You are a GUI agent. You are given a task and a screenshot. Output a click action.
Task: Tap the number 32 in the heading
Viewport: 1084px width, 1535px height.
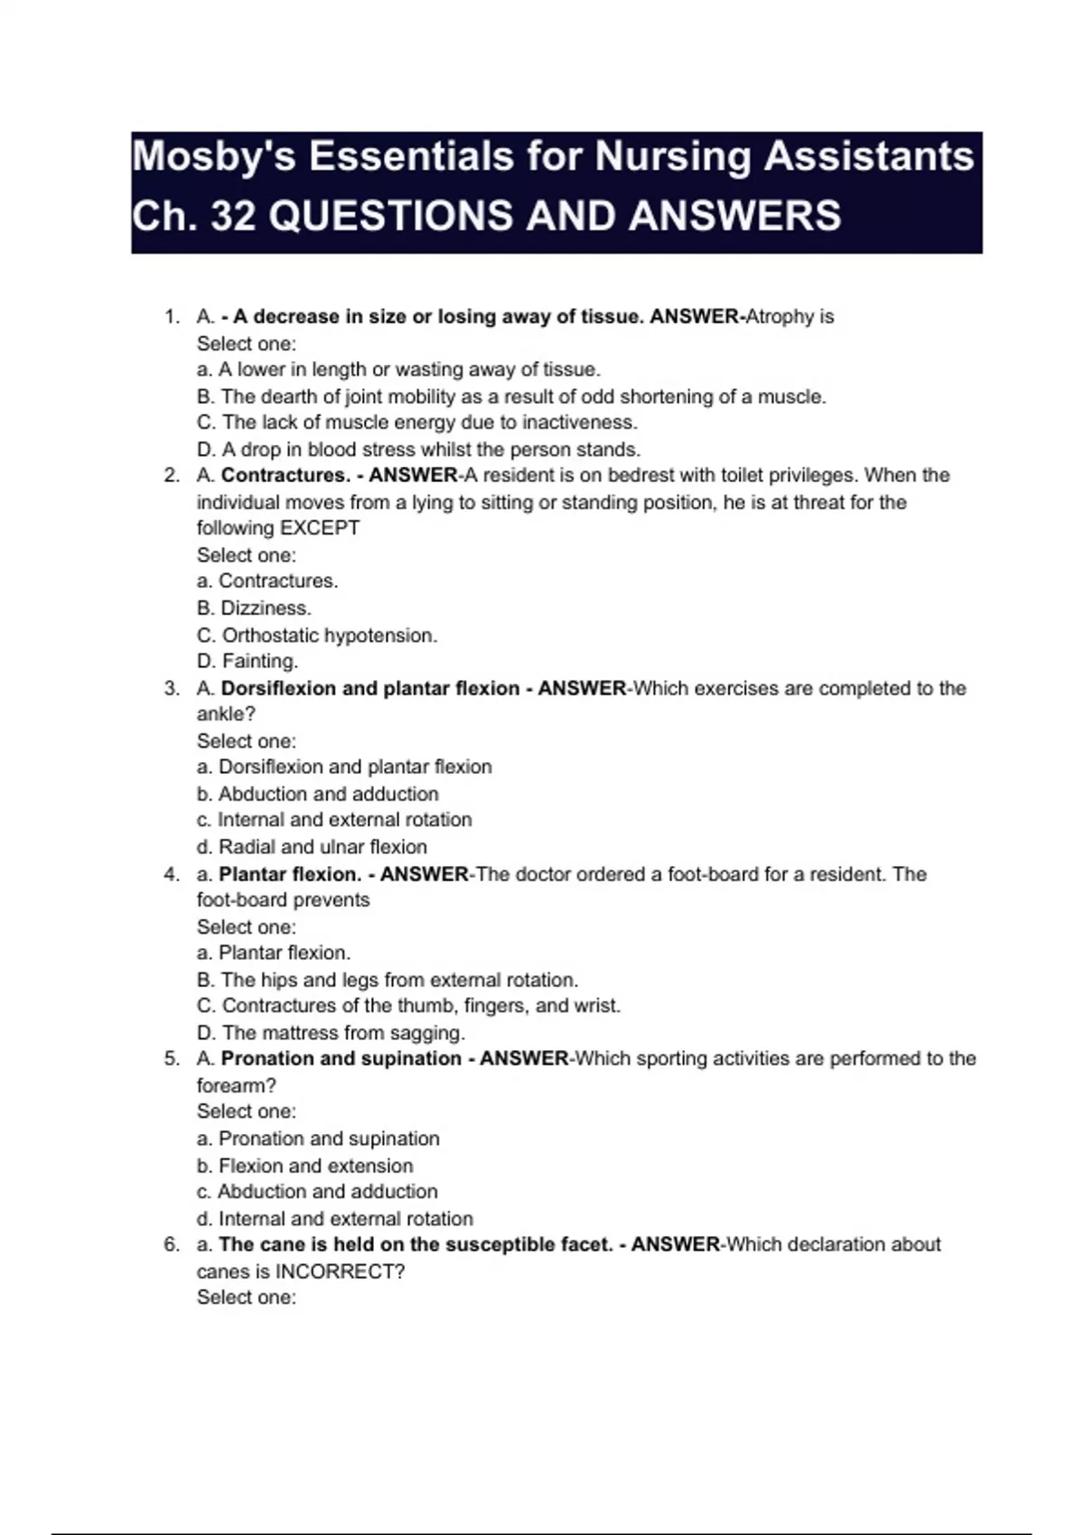[232, 217]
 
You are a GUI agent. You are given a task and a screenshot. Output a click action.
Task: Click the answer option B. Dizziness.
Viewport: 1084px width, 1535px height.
[254, 609]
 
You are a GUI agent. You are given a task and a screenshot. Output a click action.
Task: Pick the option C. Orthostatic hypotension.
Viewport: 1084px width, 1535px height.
[317, 636]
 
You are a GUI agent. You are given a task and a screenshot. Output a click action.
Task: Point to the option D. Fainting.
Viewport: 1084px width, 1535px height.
[248, 662]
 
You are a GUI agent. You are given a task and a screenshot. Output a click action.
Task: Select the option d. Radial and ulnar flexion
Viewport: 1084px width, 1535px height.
[312, 847]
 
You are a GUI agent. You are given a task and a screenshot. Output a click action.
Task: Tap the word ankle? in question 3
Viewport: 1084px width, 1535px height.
[226, 714]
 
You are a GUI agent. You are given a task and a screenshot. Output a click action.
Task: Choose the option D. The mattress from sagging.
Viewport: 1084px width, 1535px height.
[331, 1033]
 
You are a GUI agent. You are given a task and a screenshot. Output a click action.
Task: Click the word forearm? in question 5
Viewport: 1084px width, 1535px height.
[237, 1085]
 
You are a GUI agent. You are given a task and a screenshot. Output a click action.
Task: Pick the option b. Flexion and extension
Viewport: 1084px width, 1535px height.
[304, 1166]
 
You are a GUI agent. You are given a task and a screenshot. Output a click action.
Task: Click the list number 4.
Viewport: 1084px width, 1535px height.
[172, 874]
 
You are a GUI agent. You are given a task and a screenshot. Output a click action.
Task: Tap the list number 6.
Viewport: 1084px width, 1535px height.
[172, 1245]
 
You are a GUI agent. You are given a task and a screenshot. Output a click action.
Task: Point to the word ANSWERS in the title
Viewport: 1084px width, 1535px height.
[734, 217]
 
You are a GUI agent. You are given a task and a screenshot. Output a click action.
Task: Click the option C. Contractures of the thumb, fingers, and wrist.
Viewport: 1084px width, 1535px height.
[408, 1006]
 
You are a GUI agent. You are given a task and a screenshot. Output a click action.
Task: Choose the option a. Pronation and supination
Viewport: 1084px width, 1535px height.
[318, 1139]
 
